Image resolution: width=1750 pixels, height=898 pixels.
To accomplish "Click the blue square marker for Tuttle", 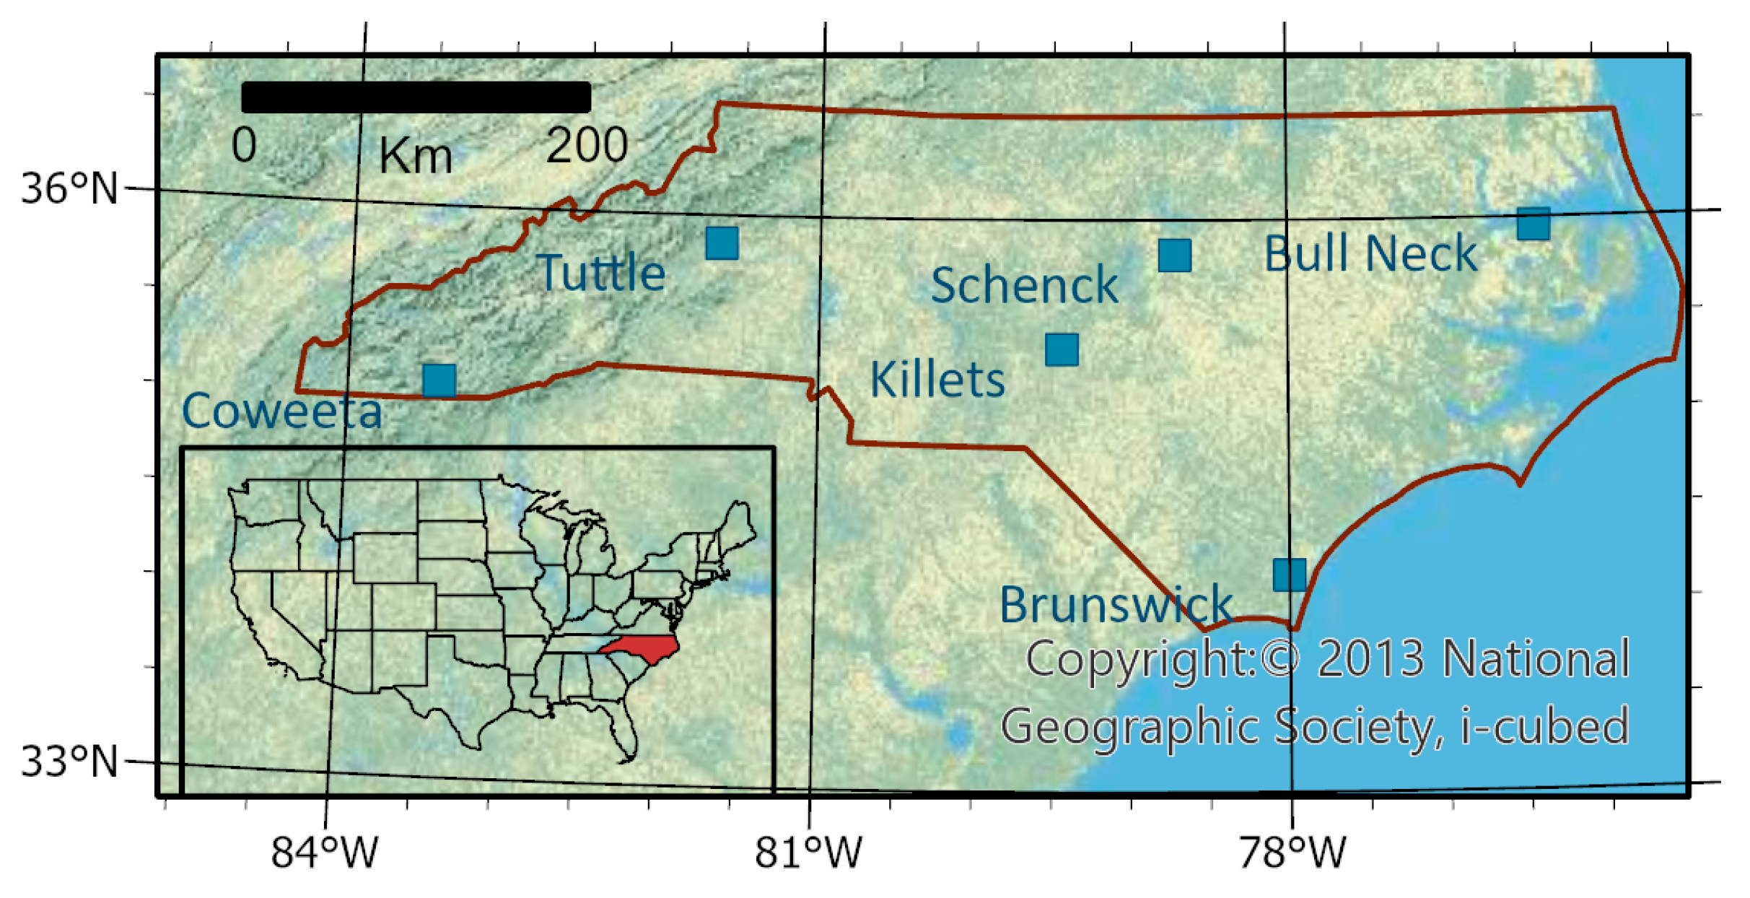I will click(x=722, y=243).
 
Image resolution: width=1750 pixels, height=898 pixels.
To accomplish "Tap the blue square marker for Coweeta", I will click(x=439, y=380).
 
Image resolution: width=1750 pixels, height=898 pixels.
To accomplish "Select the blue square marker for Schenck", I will click(x=1174, y=256).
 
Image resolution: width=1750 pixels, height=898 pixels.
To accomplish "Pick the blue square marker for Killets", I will click(x=1062, y=350).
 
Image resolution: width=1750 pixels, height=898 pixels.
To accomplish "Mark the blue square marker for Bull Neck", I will click(x=1533, y=224).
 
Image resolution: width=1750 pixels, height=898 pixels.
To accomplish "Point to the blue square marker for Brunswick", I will click(x=1289, y=575).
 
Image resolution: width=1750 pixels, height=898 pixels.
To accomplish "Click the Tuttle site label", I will click(x=600, y=273).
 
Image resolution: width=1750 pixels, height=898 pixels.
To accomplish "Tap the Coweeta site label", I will click(x=281, y=411).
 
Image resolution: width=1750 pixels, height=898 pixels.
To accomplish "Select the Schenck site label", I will click(x=1024, y=285).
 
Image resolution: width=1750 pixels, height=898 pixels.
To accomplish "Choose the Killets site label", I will click(x=937, y=380).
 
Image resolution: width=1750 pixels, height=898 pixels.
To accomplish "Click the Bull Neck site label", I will click(x=1370, y=254).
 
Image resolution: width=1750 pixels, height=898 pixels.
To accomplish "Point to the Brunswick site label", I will click(x=1115, y=604).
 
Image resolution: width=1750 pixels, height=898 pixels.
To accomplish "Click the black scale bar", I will click(x=416, y=97).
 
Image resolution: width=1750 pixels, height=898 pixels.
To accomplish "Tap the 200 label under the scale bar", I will click(x=586, y=146).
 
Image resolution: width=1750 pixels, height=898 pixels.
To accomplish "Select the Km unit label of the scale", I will click(x=416, y=156).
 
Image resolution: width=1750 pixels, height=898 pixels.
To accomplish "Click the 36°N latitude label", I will click(x=69, y=189).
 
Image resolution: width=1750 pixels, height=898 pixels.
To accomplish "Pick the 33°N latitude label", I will click(x=69, y=762).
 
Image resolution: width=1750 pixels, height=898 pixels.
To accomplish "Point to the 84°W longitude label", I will click(x=324, y=853).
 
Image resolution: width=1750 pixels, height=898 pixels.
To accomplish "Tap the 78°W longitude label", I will click(x=1292, y=853).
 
